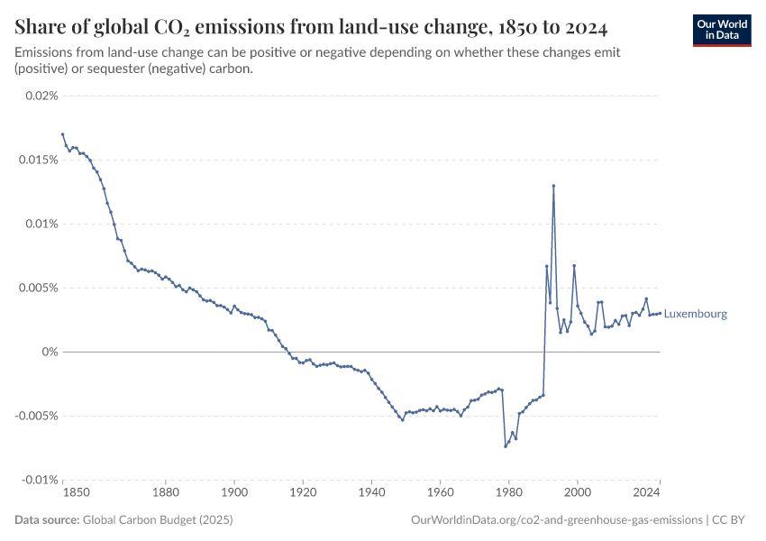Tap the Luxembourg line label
pos(695,315)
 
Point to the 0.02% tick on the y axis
pos(41,96)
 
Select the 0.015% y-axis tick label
pos(39,160)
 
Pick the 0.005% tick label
pos(39,288)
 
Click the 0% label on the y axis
pos(50,352)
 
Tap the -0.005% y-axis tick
pos(37,416)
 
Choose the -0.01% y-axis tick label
pos(40,480)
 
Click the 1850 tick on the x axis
pos(76,493)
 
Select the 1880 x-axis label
pos(165,493)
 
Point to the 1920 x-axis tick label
pos(303,493)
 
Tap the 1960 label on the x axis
pos(440,493)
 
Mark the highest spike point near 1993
pos(553,186)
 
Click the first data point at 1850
pos(63,134)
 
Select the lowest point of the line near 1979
pos(506,445)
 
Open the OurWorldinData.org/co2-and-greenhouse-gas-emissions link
pos(556,520)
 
